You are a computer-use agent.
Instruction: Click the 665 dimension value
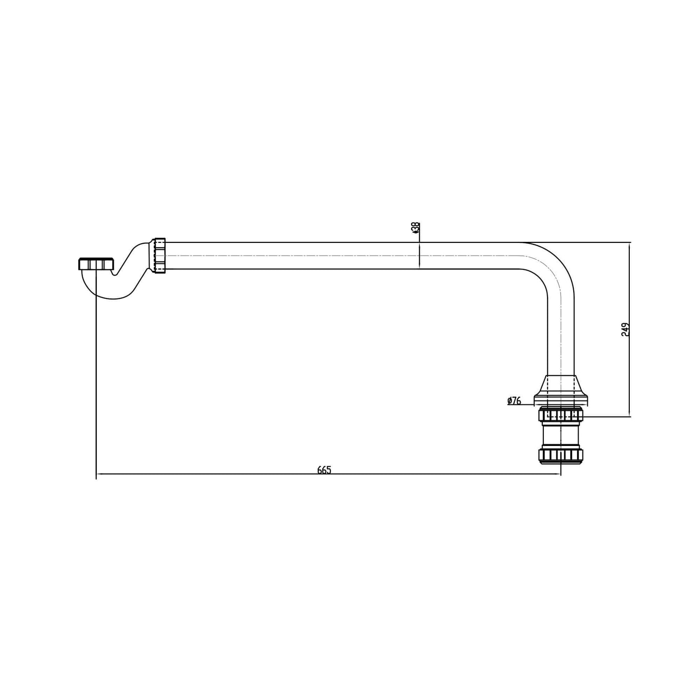point(324,470)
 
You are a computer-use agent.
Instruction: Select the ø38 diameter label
point(415,228)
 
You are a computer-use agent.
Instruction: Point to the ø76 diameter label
point(514,401)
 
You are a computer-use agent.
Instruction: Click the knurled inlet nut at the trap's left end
point(96,264)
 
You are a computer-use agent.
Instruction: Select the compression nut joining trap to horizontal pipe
point(159,255)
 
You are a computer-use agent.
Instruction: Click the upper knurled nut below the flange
point(561,415)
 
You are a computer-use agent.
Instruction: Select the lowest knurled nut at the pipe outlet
point(561,455)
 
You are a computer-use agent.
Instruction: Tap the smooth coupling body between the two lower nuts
point(561,435)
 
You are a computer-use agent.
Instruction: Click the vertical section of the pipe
point(561,339)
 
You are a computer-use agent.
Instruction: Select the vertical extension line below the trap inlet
point(96,387)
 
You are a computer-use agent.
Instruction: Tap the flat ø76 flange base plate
point(561,400)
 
